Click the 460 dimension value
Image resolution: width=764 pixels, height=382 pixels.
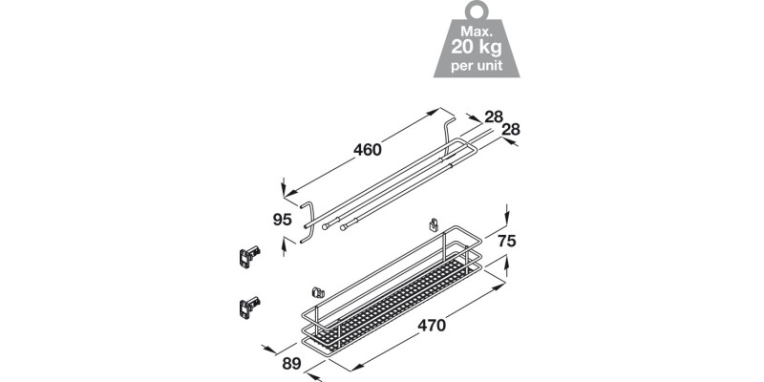(x=367, y=150)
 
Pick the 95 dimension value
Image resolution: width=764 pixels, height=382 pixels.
(x=282, y=219)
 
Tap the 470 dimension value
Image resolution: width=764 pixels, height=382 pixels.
(x=431, y=325)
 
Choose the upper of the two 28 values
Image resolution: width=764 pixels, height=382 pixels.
(x=493, y=117)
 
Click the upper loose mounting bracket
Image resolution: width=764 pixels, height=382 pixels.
(x=247, y=254)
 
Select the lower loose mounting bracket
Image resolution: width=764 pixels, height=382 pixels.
(x=247, y=307)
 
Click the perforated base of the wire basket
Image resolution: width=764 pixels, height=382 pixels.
(x=401, y=296)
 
